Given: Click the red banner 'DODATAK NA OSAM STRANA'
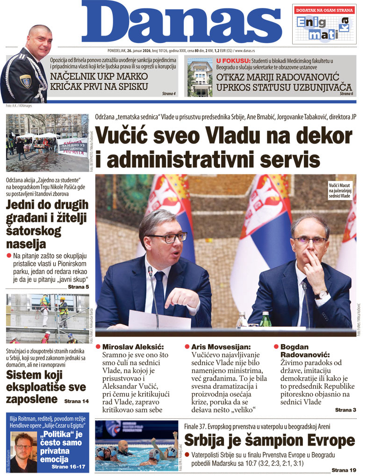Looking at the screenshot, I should (x=324, y=10).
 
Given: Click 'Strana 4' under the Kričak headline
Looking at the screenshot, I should (x=169, y=94).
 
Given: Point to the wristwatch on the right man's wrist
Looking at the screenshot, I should (x=321, y=295).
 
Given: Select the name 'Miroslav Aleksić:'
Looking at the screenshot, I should (x=132, y=347).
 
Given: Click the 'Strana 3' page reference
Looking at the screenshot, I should (x=345, y=410).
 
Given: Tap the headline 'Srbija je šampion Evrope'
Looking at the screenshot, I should (x=269, y=440).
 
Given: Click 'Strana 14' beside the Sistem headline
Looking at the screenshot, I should (x=76, y=401).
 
